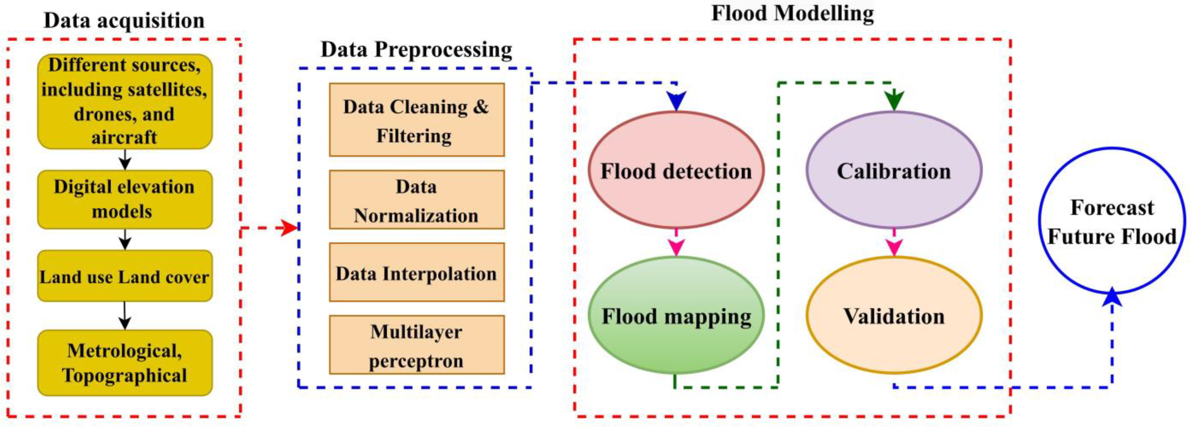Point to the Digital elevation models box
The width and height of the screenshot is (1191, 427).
click(x=125, y=199)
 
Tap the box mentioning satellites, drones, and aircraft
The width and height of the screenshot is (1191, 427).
click(x=125, y=101)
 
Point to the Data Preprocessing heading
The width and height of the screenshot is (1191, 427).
click(x=416, y=50)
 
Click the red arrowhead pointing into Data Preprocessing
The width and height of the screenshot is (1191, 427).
click(x=290, y=228)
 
